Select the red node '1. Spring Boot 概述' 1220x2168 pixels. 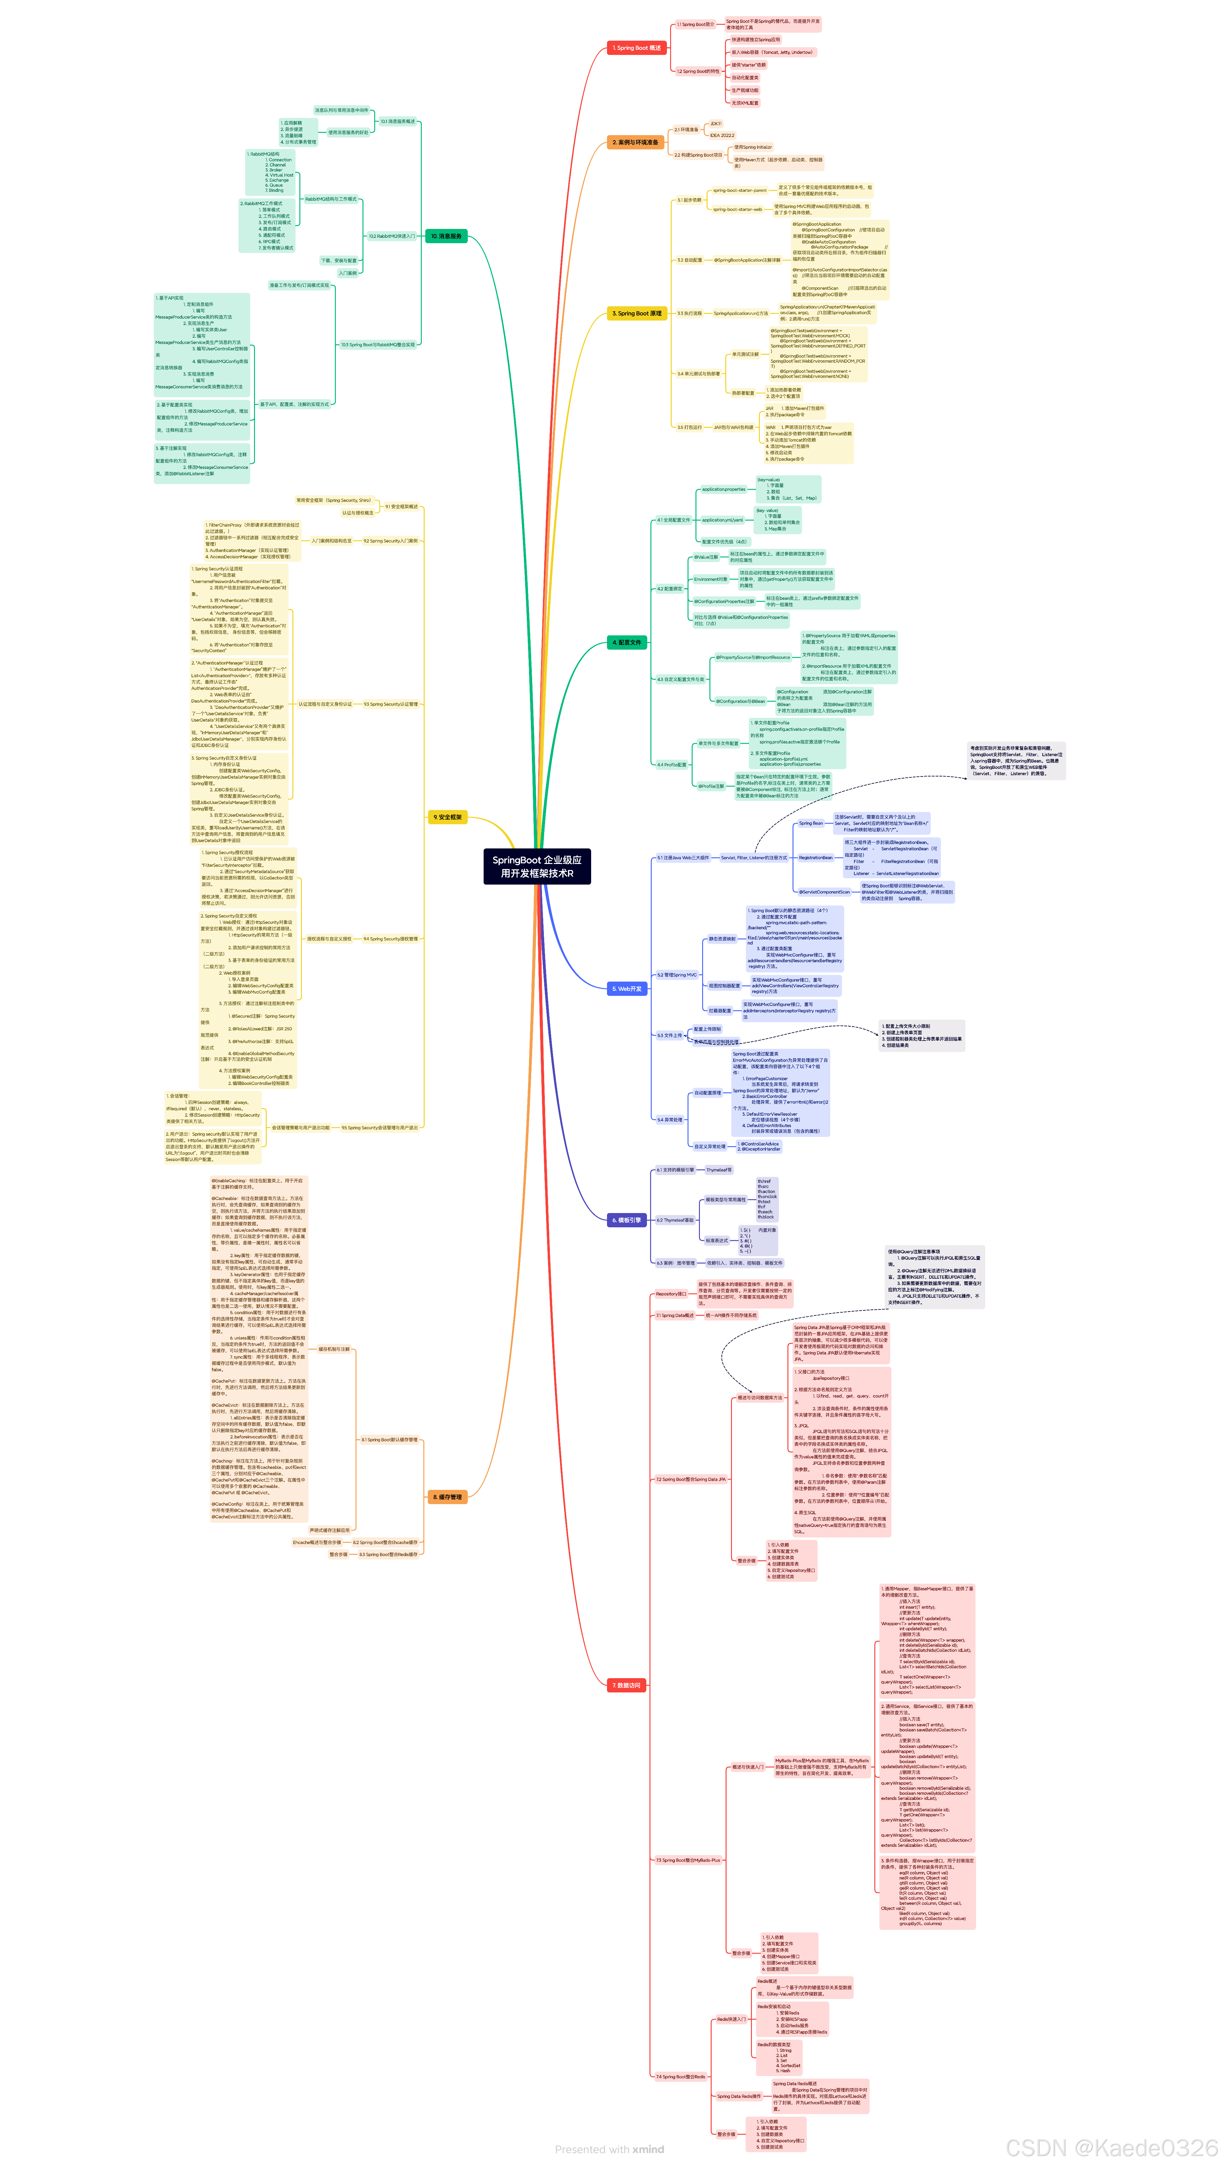click(x=636, y=48)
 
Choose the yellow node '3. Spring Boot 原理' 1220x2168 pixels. click(x=636, y=313)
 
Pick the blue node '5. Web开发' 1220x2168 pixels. click(x=627, y=989)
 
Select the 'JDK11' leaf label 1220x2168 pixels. click(x=716, y=124)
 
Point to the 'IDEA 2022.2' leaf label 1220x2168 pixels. click(x=721, y=135)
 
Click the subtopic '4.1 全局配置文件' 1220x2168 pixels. click(x=673, y=520)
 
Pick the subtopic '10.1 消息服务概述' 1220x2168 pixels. click(x=397, y=121)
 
